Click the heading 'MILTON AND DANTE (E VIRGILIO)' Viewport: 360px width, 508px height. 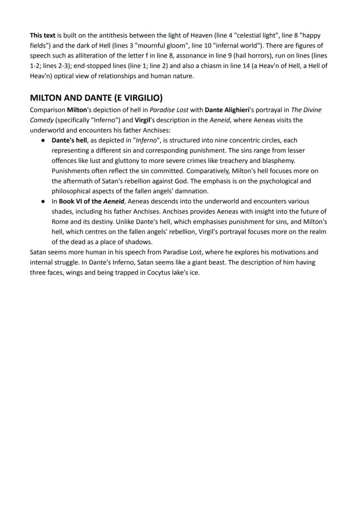point(96,98)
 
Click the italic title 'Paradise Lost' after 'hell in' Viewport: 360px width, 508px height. point(169,110)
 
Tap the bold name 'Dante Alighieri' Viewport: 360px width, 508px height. point(227,110)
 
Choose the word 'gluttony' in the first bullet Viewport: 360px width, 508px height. point(128,160)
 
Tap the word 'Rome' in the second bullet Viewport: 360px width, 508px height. point(60,222)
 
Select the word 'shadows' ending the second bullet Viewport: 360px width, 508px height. point(138,242)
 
